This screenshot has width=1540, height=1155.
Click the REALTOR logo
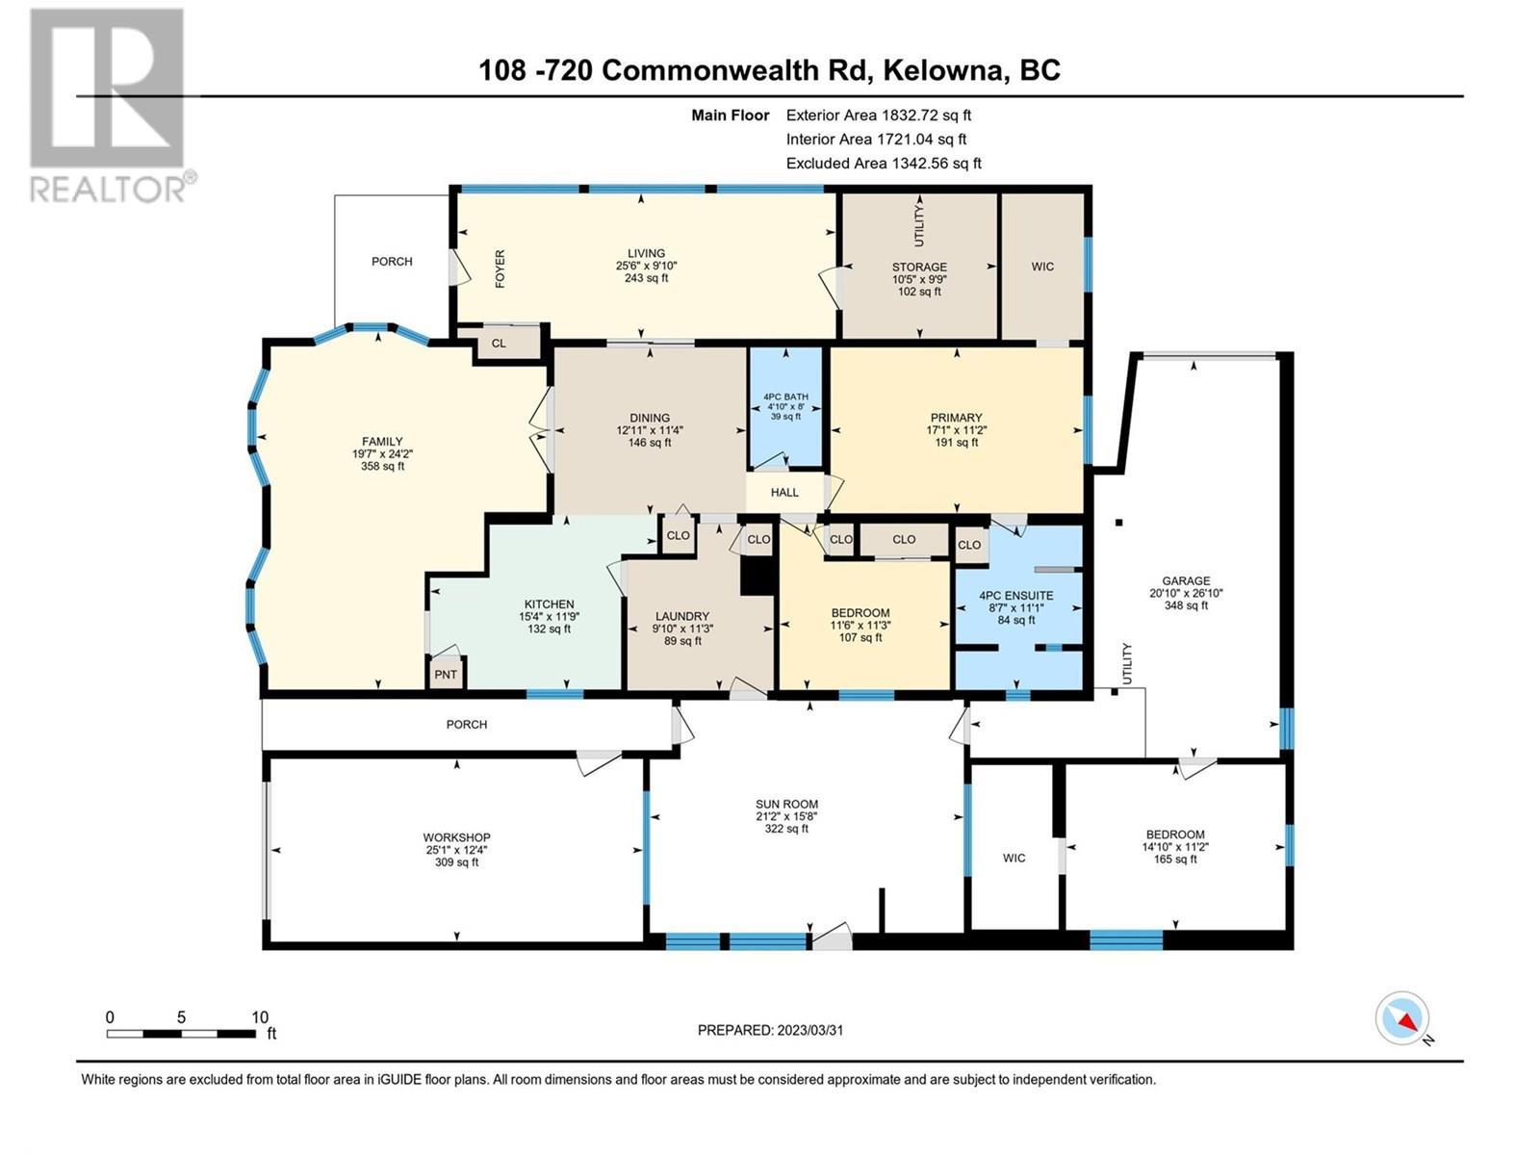click(x=107, y=106)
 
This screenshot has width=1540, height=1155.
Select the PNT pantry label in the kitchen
click(x=446, y=675)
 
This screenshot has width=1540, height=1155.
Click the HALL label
click(x=784, y=492)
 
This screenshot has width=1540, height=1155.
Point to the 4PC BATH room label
click(x=785, y=397)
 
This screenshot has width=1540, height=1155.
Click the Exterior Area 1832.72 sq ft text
click(x=878, y=115)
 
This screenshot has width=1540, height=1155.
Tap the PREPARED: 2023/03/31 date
click(x=770, y=1030)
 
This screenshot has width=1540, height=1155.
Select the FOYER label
click(x=500, y=269)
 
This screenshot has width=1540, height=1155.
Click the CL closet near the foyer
click(x=499, y=344)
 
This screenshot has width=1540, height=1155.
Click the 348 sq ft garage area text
click(x=1185, y=605)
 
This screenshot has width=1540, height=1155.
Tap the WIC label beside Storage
click(x=1042, y=267)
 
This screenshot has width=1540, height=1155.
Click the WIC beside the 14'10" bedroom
click(x=1014, y=858)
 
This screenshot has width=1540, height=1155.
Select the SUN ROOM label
click(x=786, y=804)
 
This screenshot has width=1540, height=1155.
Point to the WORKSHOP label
click(x=456, y=837)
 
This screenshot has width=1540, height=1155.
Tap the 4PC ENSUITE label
click(x=1015, y=596)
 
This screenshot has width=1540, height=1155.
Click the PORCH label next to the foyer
click(x=392, y=261)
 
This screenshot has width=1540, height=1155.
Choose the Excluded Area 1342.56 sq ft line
click(x=884, y=164)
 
